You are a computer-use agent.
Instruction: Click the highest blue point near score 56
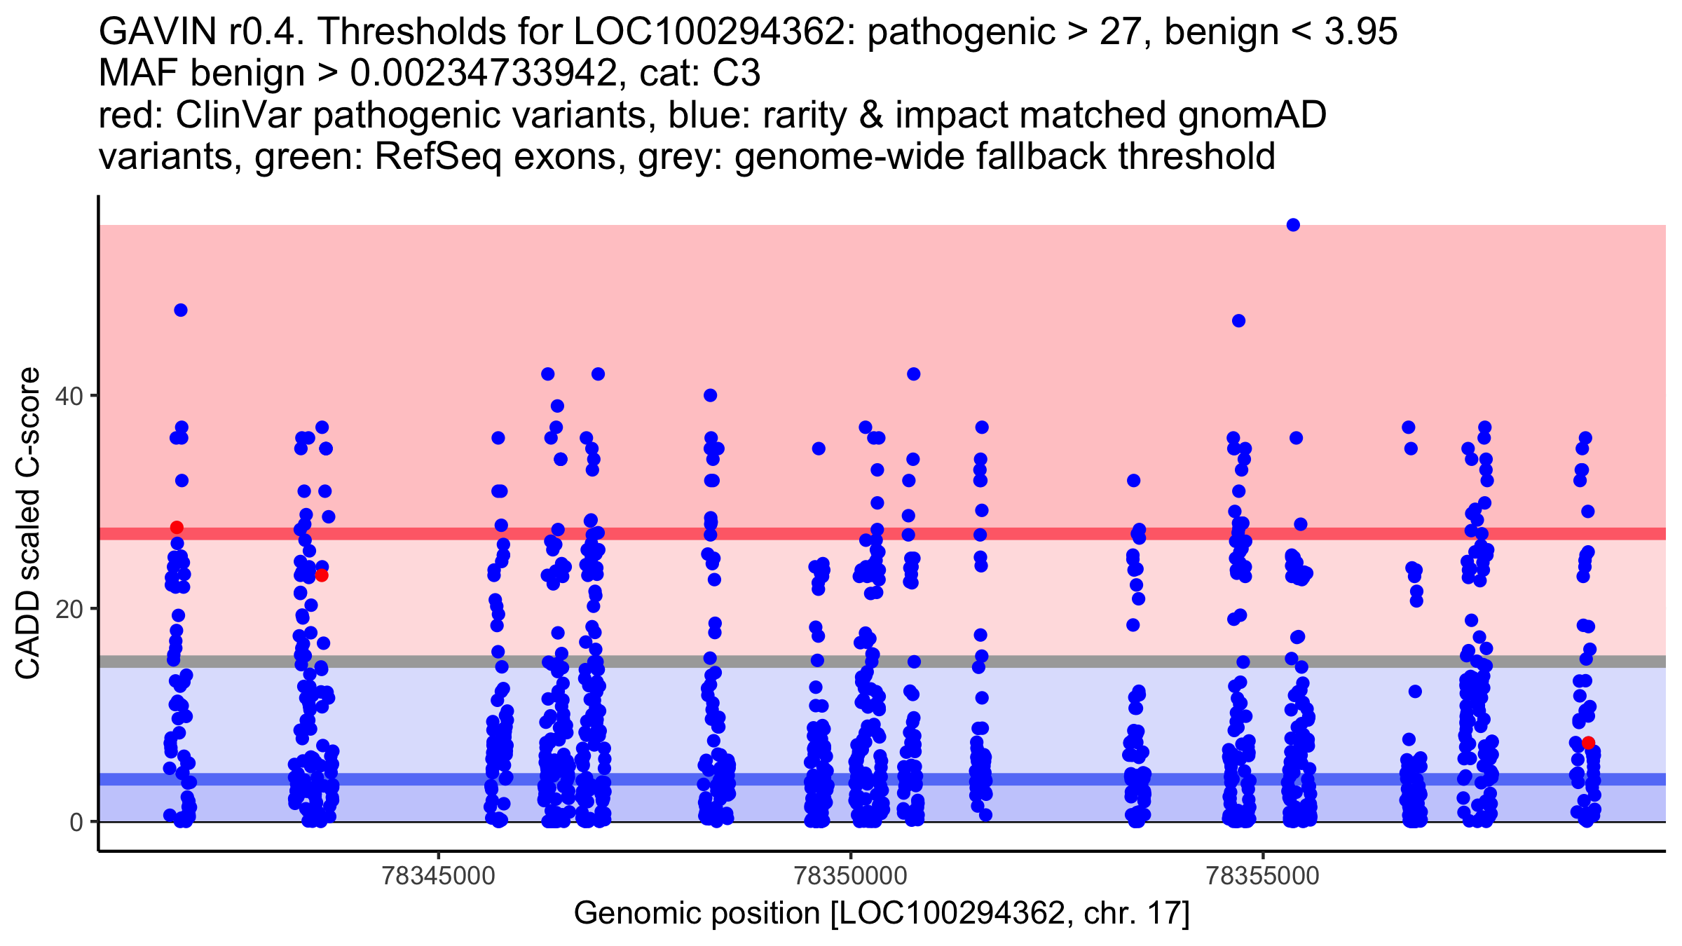[x=1293, y=225]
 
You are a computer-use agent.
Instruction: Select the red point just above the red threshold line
[x=177, y=528]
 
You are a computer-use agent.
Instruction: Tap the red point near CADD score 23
[x=322, y=575]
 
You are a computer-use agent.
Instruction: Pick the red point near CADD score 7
[x=1588, y=743]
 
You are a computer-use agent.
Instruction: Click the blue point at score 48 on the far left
[x=181, y=310]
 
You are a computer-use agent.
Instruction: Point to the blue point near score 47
[x=1238, y=321]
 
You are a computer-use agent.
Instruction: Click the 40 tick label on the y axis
[x=69, y=397]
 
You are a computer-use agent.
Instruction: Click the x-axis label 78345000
[x=439, y=877]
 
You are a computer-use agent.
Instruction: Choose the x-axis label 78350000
[x=851, y=877]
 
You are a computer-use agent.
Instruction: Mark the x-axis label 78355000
[x=1263, y=877]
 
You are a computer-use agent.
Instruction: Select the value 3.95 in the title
[x=1360, y=32]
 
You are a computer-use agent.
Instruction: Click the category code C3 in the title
[x=736, y=74]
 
